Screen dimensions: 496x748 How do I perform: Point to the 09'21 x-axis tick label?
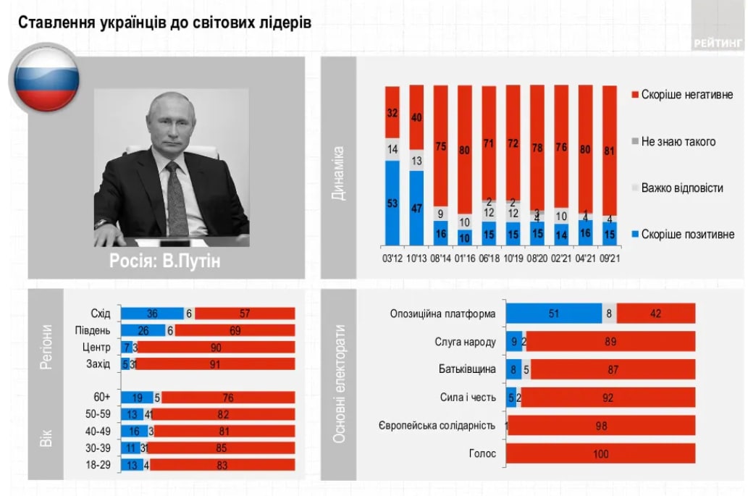pos(610,258)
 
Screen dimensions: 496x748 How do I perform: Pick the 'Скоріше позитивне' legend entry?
pos(686,234)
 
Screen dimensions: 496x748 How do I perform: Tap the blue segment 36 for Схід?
pos(152,314)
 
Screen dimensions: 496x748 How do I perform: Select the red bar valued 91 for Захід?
pos(215,363)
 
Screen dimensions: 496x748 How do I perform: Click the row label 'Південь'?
pos(93,330)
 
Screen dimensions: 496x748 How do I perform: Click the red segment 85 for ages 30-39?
pos(222,447)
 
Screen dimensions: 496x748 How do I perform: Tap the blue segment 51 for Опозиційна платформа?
pos(553,314)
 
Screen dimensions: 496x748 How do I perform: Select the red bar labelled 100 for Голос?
pos(600,454)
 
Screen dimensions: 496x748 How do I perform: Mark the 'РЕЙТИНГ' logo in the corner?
pos(718,42)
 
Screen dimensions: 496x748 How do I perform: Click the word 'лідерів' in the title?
pos(285,22)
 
